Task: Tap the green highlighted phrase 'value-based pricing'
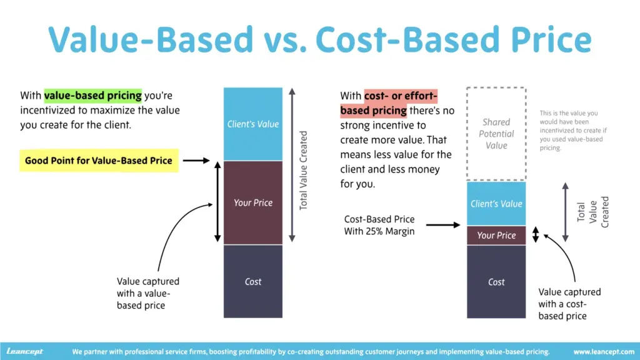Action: click(92, 96)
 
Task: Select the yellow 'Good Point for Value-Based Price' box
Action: click(98, 161)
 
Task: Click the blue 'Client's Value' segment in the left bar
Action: click(253, 124)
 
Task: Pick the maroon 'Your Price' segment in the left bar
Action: click(253, 202)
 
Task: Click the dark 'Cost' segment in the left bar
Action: click(253, 281)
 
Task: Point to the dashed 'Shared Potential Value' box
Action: click(496, 134)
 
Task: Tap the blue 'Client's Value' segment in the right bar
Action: click(496, 204)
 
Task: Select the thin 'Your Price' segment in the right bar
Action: click(496, 235)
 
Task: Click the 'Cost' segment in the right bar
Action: click(496, 282)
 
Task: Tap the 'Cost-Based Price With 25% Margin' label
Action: click(379, 226)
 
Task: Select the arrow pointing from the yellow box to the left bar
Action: click(197, 161)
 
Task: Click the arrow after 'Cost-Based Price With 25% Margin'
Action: click(447, 225)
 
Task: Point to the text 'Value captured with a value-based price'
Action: click(148, 293)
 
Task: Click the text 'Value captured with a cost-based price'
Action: click(569, 304)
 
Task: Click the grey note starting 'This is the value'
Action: click(573, 131)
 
